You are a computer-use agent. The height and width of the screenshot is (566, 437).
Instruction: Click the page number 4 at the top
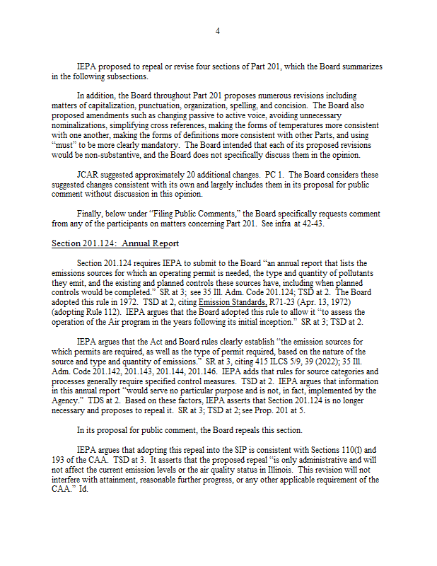point(218,31)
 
